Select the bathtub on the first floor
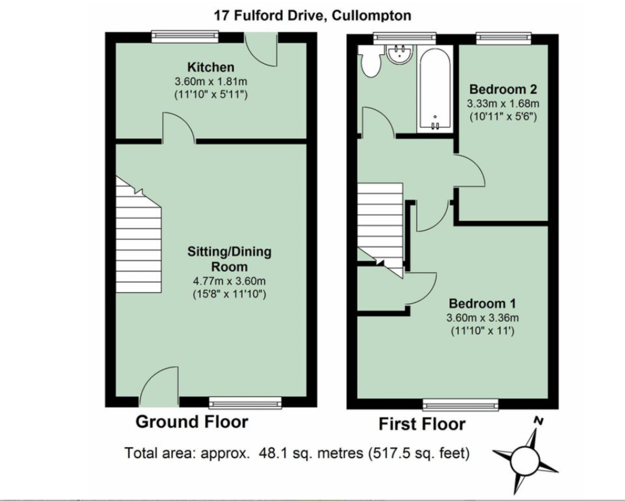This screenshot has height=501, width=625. point(433,89)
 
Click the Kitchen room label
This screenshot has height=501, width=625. point(211,67)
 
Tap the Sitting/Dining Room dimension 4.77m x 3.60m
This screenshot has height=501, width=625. point(229,281)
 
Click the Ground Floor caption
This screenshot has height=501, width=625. point(192,422)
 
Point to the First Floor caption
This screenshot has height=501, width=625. point(421,424)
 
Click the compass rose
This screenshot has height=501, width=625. point(523,459)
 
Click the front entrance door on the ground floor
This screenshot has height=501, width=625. point(158,388)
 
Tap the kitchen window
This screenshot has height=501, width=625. point(185,36)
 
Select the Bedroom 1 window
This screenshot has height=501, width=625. point(460,404)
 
